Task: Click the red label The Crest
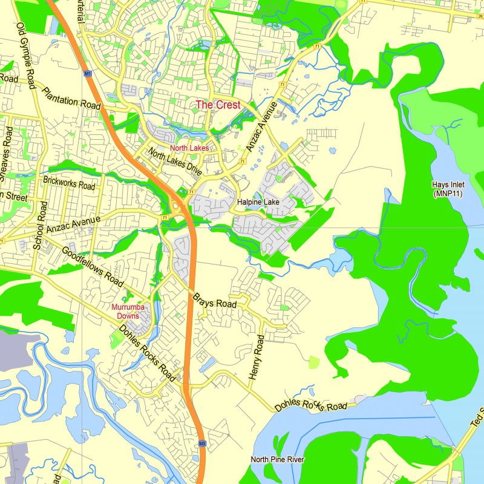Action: pyautogui.click(x=218, y=105)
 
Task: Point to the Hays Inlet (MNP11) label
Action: pyautogui.click(x=448, y=189)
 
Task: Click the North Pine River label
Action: pyautogui.click(x=278, y=460)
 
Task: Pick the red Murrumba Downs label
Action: pyautogui.click(x=128, y=311)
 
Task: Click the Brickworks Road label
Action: pyautogui.click(x=69, y=183)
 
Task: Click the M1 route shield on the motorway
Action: pyautogui.click(x=88, y=74)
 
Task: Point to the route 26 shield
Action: pyautogui.click(x=480, y=16)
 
